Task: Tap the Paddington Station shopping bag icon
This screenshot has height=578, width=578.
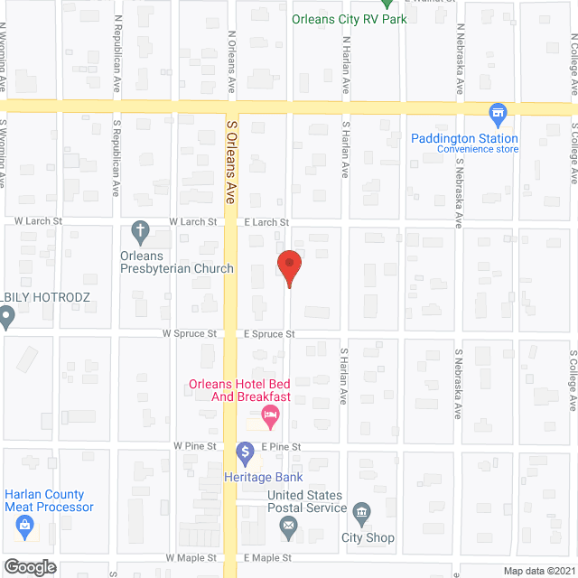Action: (496, 114)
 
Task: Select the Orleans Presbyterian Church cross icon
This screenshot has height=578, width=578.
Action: (140, 230)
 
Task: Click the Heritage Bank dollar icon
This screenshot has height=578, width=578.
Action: (245, 451)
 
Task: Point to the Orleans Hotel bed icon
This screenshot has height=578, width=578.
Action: (269, 416)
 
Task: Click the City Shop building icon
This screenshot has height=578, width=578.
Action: (361, 514)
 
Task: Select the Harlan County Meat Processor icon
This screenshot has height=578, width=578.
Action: (23, 525)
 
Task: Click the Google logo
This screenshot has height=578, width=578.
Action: (29, 567)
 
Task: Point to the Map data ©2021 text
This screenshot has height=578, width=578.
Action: (538, 570)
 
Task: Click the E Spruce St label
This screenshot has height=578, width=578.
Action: (269, 333)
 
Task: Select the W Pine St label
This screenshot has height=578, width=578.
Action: (196, 446)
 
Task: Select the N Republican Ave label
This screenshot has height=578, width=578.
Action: (117, 64)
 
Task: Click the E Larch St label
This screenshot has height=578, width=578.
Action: (266, 221)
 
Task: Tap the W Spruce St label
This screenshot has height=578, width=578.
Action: (190, 333)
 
